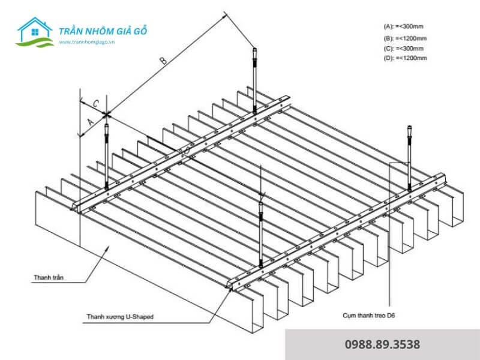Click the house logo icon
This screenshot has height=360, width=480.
[35, 33]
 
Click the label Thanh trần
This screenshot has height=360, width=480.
[50, 278]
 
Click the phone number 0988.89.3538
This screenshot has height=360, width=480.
[382, 344]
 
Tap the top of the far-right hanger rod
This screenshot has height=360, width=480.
[409, 127]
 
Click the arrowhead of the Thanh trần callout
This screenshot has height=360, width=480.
[108, 247]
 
